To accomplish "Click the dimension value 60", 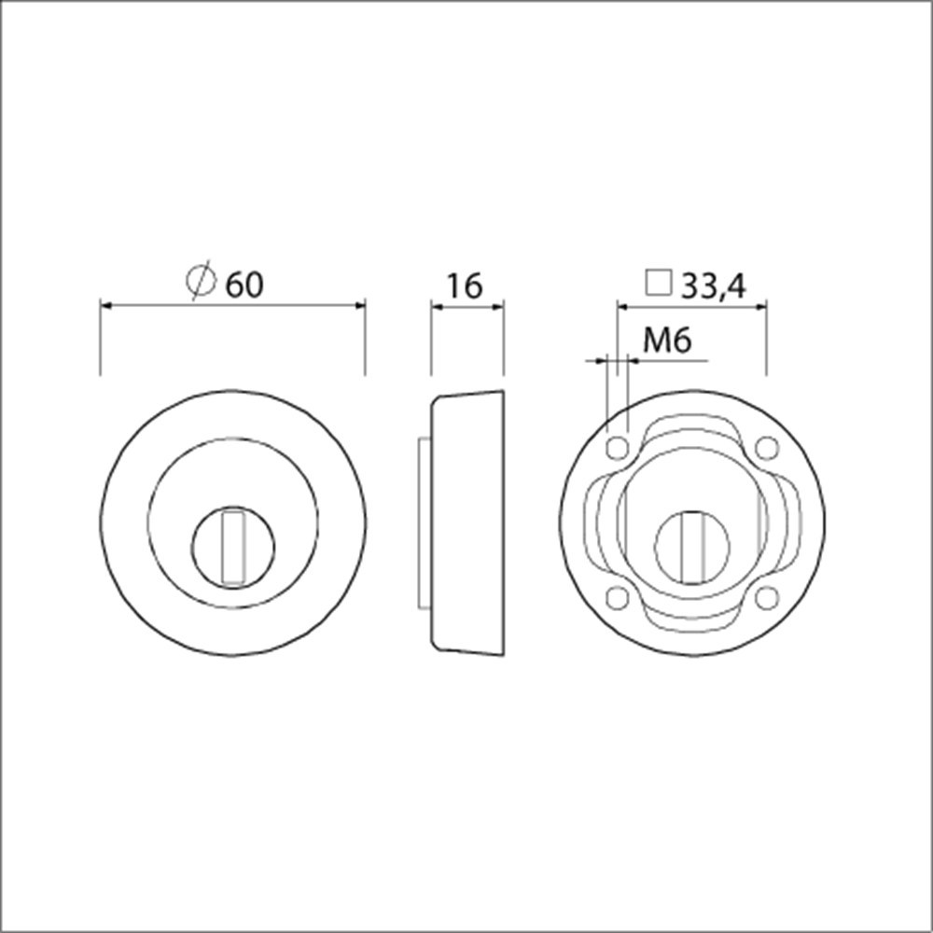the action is [x=244, y=285].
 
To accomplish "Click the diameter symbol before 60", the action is [x=201, y=280].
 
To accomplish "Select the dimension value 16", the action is [x=464, y=286].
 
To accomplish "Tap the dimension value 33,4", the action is [x=713, y=286].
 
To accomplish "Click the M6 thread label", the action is [x=667, y=341].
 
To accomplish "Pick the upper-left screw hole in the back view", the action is [x=617, y=448].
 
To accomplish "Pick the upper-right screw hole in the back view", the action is [x=766, y=448].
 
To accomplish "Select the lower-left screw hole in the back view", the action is [x=617, y=597].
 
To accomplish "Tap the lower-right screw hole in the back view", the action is [x=766, y=597].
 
